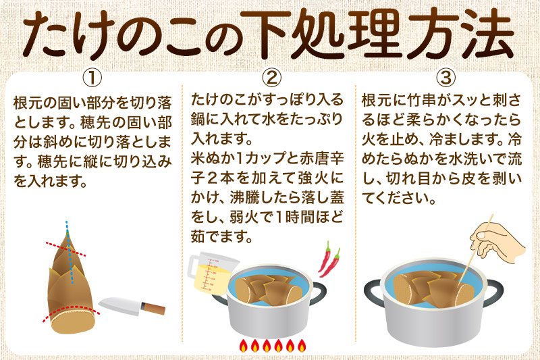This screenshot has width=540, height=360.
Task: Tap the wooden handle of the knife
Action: click(x=155, y=310)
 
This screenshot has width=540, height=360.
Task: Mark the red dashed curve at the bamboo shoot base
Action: click(x=67, y=310)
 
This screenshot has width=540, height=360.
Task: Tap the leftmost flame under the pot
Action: click(x=243, y=346)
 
